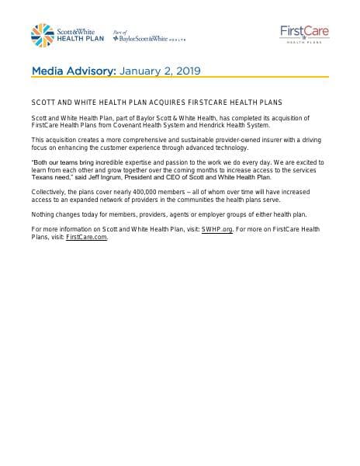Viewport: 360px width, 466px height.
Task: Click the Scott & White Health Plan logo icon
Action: (x=42, y=33)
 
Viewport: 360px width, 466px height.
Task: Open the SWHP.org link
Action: (x=218, y=230)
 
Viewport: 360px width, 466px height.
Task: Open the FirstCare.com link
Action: (x=87, y=237)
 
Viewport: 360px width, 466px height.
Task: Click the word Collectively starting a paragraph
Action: (x=51, y=190)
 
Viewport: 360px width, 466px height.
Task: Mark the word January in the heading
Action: (x=139, y=71)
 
